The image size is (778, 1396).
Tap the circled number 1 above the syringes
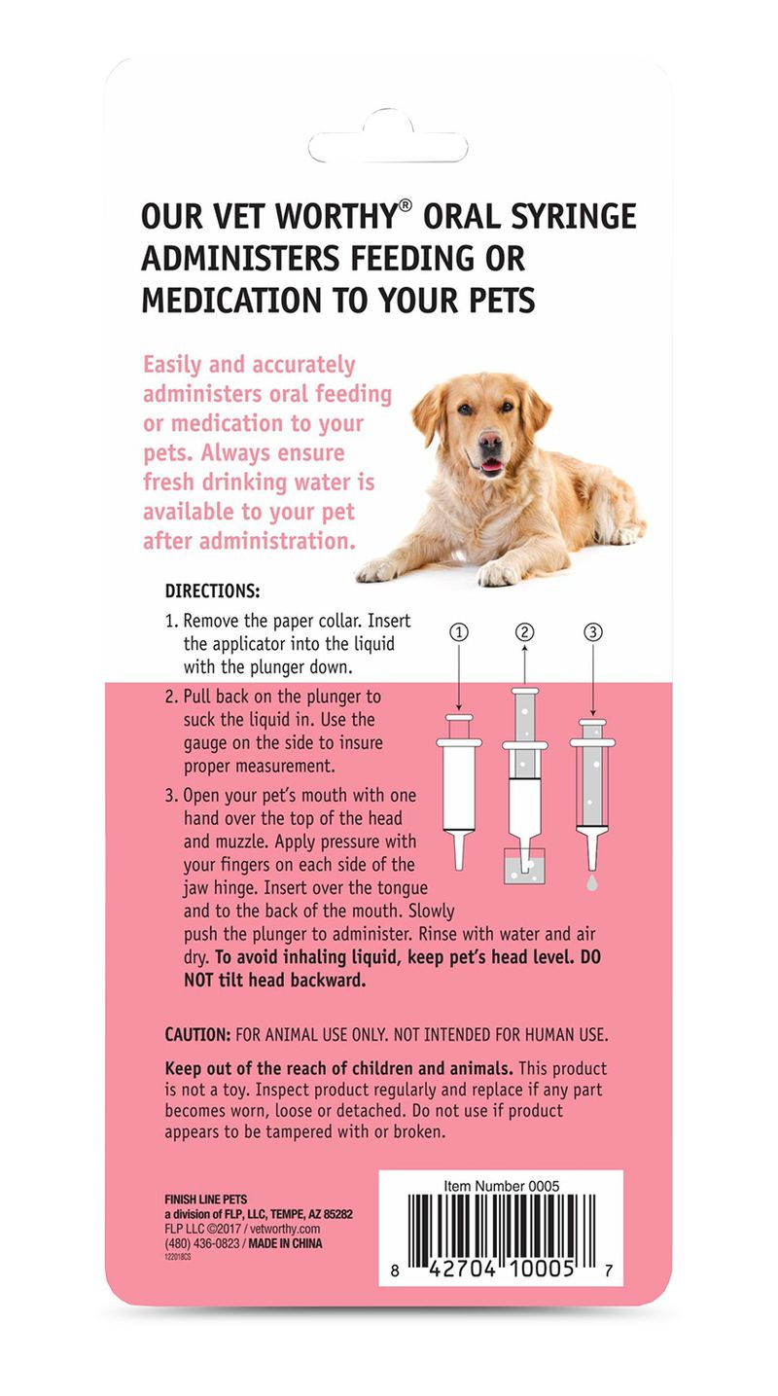(459, 632)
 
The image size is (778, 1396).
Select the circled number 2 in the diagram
(525, 632)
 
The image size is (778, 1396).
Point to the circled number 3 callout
(592, 632)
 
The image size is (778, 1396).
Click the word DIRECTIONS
(212, 591)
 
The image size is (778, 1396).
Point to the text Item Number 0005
(502, 1186)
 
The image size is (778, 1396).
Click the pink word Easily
(174, 365)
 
